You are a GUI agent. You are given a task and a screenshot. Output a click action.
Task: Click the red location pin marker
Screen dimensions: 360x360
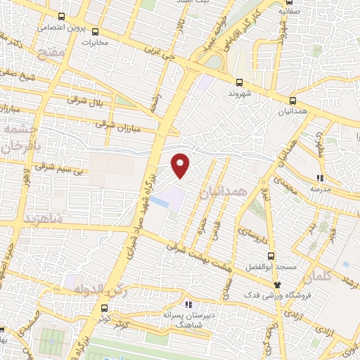181,165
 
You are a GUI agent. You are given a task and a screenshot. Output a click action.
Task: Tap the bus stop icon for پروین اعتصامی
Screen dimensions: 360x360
62,16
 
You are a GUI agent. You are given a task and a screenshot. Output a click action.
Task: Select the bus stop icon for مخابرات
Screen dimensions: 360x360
96,32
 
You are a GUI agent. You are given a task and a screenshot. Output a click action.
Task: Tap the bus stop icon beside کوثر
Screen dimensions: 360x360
104,308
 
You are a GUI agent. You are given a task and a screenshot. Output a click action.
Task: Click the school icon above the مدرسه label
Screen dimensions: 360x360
321,179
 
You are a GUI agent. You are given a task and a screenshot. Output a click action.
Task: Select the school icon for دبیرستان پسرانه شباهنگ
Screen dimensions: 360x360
188,304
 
